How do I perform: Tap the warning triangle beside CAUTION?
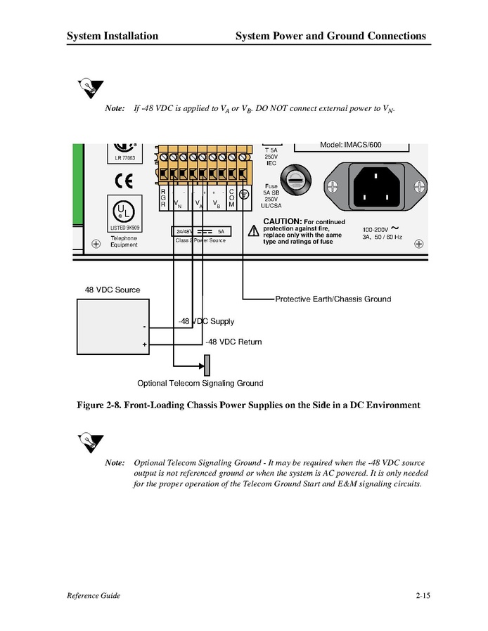pos(252,230)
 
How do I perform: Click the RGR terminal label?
pos(163,197)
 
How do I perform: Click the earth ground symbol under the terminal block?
pos(243,195)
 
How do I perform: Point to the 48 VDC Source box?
pos(113,326)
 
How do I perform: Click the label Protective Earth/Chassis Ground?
pos(333,299)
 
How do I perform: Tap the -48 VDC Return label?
pos(233,342)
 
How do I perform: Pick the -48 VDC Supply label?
pos(205,322)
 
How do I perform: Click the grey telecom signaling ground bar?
pos(207,365)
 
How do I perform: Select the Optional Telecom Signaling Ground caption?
pos(200,384)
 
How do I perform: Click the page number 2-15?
pos(423,596)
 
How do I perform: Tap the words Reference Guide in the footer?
pos(94,596)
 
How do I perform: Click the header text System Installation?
pos(113,36)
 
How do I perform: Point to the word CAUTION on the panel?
pos(282,221)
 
